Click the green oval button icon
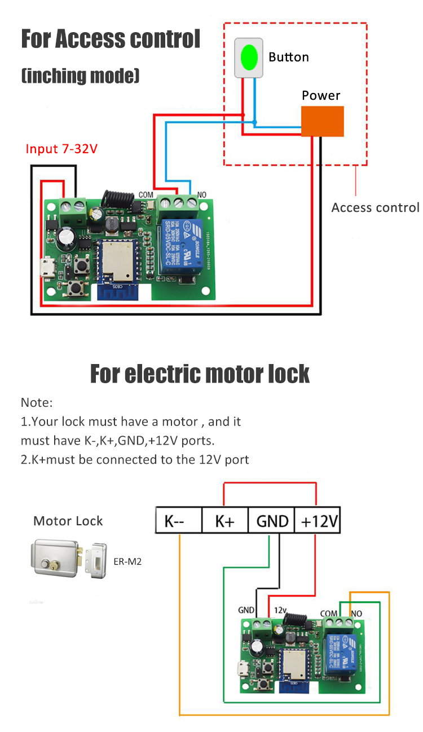coord(249,57)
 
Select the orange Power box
coord(322,121)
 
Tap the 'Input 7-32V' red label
coord(61,149)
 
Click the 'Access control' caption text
coord(375,207)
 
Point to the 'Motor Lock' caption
coord(68,521)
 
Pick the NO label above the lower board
coord(356,613)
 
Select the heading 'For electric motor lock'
coord(200,374)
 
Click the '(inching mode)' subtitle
coord(80,76)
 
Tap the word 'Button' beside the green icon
coord(289,57)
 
